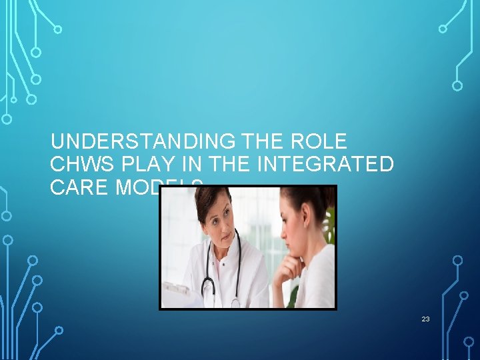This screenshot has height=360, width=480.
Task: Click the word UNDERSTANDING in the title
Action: point(141,142)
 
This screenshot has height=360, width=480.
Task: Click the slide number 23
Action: point(425,319)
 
